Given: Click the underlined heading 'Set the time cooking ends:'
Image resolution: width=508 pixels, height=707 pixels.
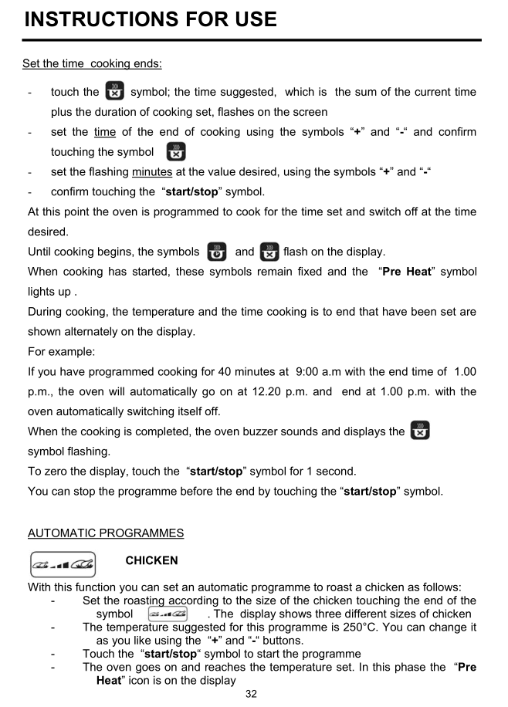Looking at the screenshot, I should pos(91,63).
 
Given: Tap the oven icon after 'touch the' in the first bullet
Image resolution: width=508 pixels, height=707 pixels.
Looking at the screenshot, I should pos(115,92).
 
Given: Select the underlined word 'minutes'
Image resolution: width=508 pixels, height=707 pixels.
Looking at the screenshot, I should pos(152,171).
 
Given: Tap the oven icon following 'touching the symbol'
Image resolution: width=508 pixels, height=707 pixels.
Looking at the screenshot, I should pos(176,151).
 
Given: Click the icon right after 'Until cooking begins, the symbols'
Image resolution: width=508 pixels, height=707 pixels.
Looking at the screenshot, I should pos(217,252).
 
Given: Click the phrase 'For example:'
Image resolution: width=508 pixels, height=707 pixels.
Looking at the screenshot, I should pos(59,351).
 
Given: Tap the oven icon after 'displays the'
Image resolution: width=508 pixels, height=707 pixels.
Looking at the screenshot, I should pos(420,431).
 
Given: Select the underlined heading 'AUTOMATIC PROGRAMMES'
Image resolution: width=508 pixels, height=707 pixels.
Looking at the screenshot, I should pos(106,533).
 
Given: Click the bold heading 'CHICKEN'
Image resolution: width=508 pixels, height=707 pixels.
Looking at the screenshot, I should pos(151,560).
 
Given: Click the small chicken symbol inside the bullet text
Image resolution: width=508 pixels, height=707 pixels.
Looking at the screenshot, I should pos(168,614).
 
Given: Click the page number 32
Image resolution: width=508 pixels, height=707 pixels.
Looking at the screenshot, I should pos(251,694).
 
